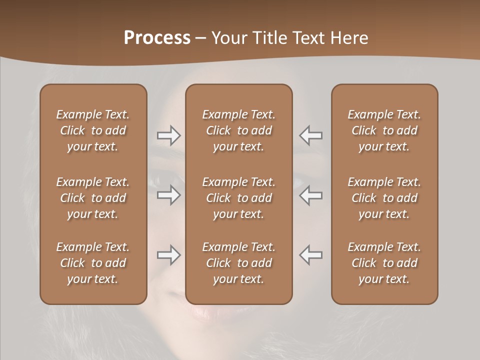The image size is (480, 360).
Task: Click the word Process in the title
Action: (x=157, y=37)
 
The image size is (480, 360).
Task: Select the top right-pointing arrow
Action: (x=168, y=135)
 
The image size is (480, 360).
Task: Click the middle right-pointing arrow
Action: (x=168, y=195)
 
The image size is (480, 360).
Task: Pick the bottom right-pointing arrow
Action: (x=168, y=255)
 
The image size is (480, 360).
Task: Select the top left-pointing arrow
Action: (x=311, y=135)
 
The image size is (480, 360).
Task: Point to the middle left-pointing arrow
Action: (x=311, y=195)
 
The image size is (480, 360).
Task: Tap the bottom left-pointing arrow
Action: (x=311, y=255)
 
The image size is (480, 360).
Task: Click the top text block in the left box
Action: (x=93, y=130)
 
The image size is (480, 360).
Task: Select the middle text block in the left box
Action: (x=93, y=198)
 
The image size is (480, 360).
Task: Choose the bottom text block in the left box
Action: (x=93, y=263)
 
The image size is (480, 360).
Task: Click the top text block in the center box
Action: (x=239, y=130)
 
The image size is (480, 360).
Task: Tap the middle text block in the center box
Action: (x=239, y=198)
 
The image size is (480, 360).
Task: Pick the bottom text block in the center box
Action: (x=239, y=263)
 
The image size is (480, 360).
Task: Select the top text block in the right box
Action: (x=384, y=130)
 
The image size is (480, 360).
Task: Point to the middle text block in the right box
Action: (x=384, y=198)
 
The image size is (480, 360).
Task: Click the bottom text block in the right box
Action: (x=384, y=263)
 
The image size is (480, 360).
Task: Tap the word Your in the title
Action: (x=227, y=37)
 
